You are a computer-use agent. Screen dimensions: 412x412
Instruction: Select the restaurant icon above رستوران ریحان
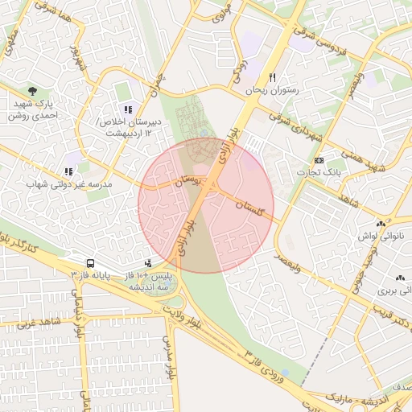[x=273, y=78]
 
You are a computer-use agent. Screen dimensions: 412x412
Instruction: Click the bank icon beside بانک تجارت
[x=319, y=161]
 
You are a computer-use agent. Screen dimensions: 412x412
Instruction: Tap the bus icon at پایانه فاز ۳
[x=91, y=263]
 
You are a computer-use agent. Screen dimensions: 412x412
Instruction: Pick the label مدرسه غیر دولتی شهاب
[x=69, y=184]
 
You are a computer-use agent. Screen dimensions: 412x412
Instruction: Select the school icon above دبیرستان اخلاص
[x=127, y=109]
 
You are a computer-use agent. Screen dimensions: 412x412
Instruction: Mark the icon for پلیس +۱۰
[x=148, y=262]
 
